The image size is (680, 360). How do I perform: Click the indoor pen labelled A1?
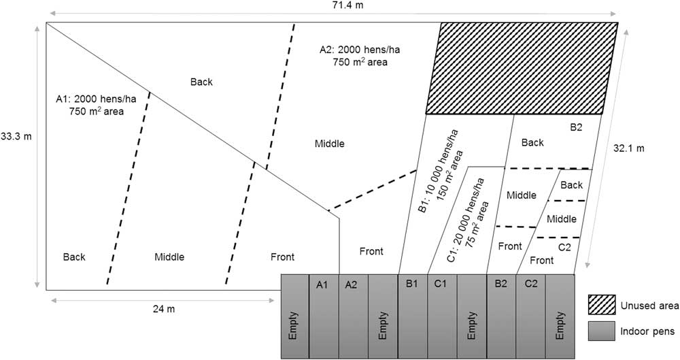[323, 316]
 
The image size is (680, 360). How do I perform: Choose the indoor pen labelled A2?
[352, 316]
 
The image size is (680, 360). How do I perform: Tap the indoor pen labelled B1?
[411, 316]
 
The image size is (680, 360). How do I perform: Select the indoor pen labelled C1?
[441, 316]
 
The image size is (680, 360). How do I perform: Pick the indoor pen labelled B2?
[501, 316]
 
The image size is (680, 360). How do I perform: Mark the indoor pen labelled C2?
[530, 316]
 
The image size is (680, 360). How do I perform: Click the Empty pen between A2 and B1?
[382, 316]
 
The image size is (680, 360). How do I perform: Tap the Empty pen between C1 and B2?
[471, 316]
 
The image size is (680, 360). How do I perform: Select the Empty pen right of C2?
[560, 316]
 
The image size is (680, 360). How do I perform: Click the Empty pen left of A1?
[294, 316]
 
